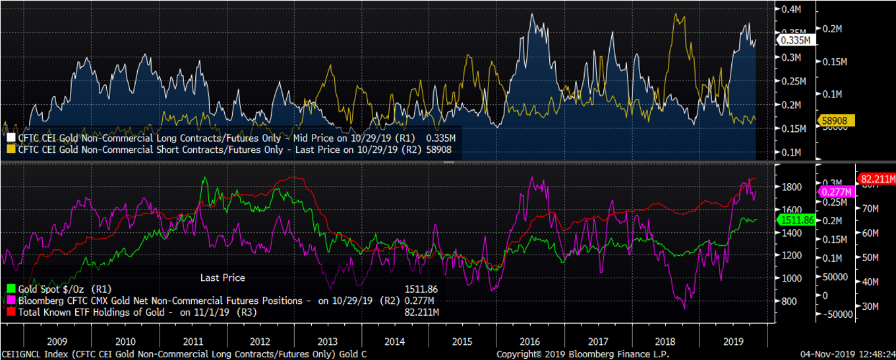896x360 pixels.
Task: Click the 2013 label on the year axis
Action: [x=327, y=342]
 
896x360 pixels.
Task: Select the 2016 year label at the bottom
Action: [x=530, y=342]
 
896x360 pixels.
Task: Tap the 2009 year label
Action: [x=58, y=342]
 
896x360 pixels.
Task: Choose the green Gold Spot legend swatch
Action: [x=10, y=289]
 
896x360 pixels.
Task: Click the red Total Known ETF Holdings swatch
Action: [x=10, y=311]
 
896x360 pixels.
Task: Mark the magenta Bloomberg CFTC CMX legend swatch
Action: [x=10, y=300]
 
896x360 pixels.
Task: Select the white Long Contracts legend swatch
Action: [x=10, y=138]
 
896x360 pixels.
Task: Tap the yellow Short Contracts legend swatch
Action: [x=10, y=150]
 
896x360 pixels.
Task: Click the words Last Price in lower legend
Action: [x=222, y=278]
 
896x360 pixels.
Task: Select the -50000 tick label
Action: [x=841, y=315]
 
